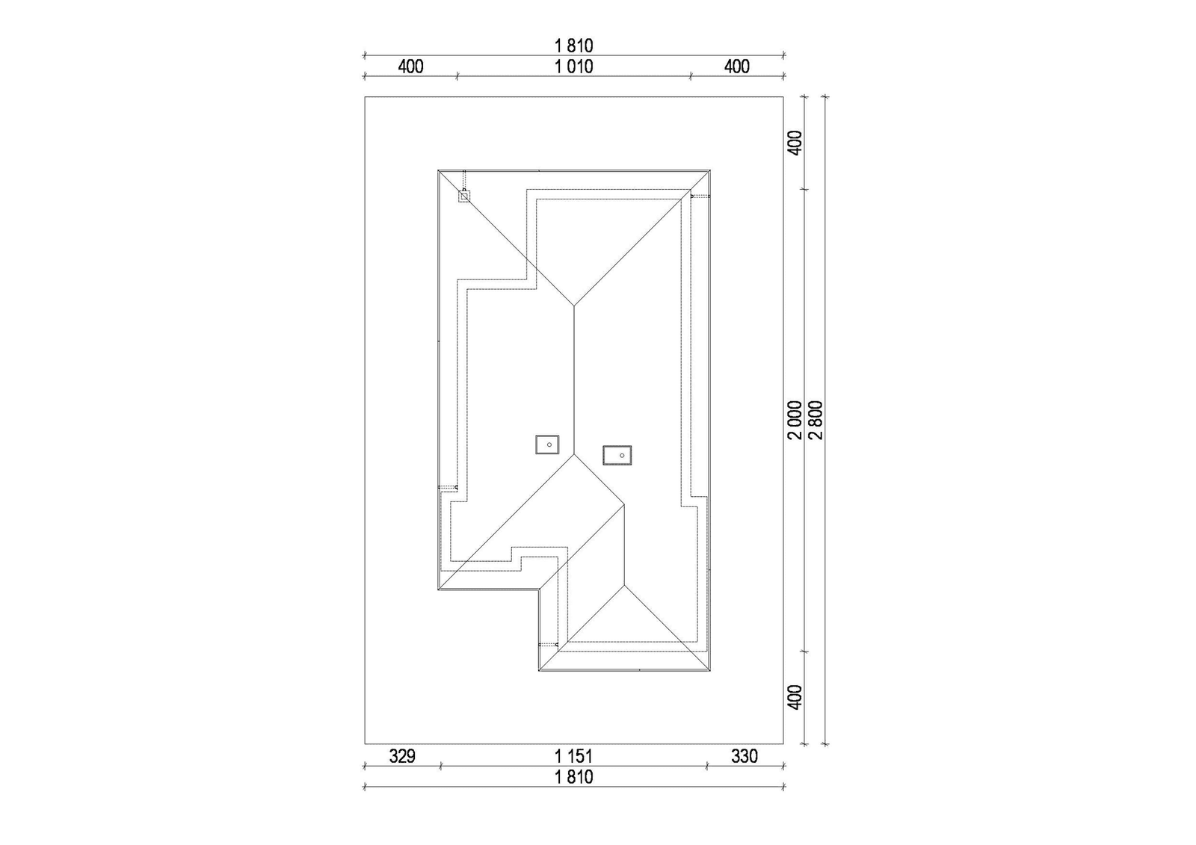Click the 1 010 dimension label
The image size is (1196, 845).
573,66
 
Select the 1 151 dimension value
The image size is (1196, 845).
573,756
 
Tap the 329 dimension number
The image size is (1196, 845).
402,756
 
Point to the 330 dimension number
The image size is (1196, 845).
745,756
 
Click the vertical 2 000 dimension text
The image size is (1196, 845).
795,420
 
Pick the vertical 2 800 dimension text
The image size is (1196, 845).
816,420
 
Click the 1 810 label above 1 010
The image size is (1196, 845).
573,46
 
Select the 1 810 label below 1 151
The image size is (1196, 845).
573,777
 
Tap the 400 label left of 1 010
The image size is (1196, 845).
410,66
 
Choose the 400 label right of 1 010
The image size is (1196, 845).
737,66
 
